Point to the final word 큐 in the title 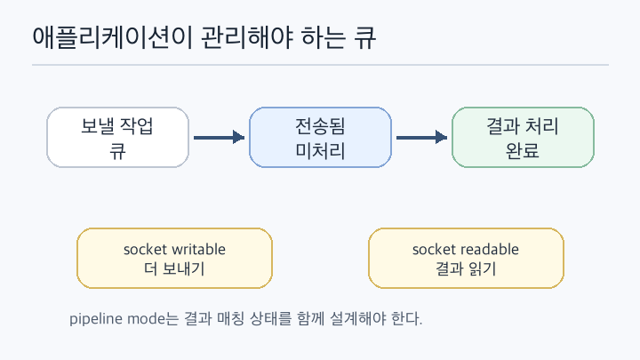(365, 37)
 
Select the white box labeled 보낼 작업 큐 (117, 138)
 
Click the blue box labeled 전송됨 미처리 (320, 138)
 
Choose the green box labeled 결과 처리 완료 (523, 138)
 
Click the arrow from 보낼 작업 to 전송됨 (220, 137)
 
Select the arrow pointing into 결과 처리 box (421, 137)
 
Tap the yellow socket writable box (175, 259)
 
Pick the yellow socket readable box (466, 259)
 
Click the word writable (199, 249)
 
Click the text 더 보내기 (174, 269)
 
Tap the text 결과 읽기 (466, 269)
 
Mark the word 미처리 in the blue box (320, 150)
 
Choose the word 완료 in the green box (523, 150)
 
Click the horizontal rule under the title (320, 65)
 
